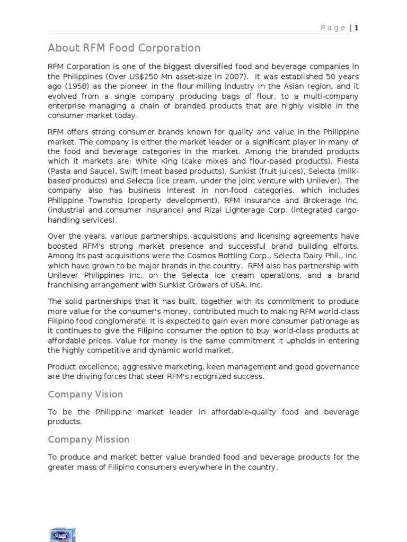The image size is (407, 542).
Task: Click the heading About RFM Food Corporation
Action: coord(124,48)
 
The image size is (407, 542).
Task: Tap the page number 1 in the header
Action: coord(357,28)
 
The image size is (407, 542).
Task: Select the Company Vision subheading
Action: coord(85,394)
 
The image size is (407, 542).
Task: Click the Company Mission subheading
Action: coord(89,439)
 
